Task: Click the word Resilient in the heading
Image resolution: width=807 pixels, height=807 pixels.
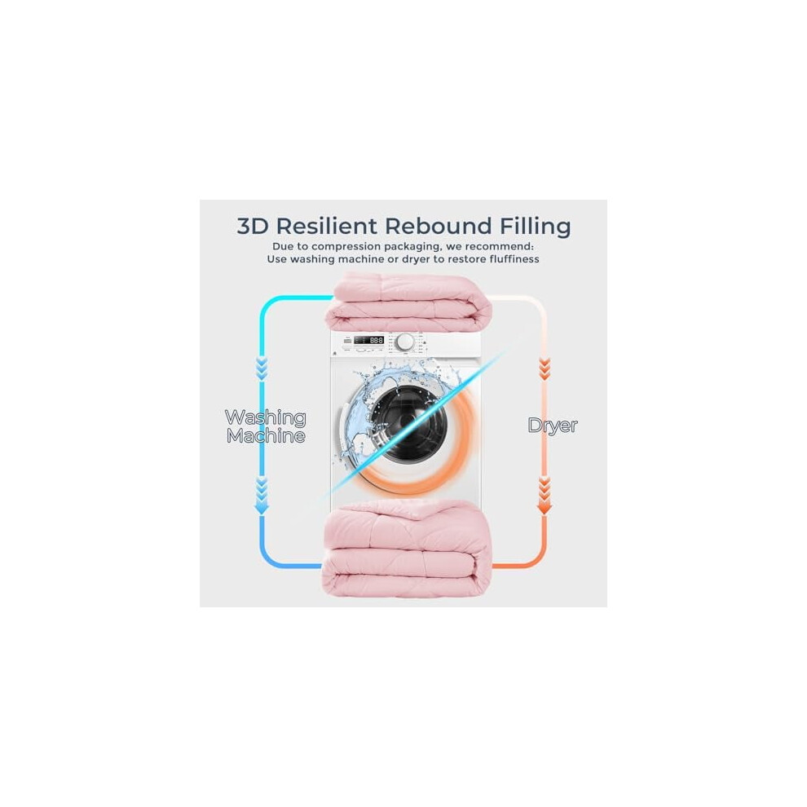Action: pyautogui.click(x=327, y=227)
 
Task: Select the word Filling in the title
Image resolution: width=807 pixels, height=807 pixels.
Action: pyautogui.click(x=536, y=227)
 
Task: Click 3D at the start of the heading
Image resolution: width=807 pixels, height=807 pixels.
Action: pyautogui.click(x=254, y=227)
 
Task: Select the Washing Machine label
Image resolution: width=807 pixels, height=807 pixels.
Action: pyautogui.click(x=266, y=426)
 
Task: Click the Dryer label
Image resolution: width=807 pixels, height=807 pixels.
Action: pyautogui.click(x=553, y=426)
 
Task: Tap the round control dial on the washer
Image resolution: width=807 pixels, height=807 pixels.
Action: pyautogui.click(x=405, y=342)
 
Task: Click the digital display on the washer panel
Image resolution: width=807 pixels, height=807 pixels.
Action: pyautogui.click(x=369, y=340)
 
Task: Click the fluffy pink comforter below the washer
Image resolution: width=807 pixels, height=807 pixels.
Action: pyautogui.click(x=407, y=549)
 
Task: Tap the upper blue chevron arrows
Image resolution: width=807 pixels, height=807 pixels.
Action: pyautogui.click(x=262, y=369)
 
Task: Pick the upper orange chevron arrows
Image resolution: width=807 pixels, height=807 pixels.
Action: pyautogui.click(x=544, y=369)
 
